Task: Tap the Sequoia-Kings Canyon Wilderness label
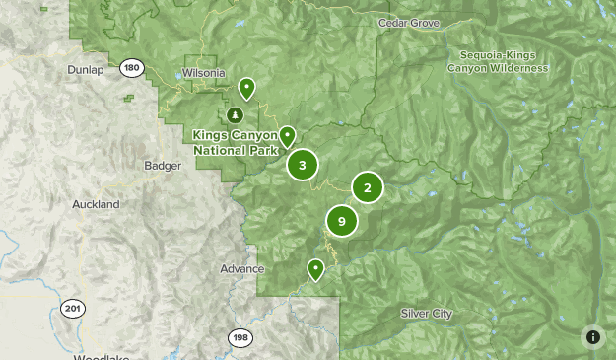coord(497,61)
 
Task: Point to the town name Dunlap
coord(86,70)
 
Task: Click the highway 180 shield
coord(131,68)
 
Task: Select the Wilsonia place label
coord(204,73)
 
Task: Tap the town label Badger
coord(163,166)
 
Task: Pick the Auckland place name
coord(96,204)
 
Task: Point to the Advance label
coord(241,268)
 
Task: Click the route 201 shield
coord(72,309)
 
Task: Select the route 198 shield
coord(240,338)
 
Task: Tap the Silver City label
coord(427,313)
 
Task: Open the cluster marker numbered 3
coord(303,165)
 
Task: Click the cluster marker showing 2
coord(368,187)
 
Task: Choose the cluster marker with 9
coord(341,222)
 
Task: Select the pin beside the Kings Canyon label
coord(287,136)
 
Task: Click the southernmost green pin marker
coord(315,268)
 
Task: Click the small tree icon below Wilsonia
coord(235,114)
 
